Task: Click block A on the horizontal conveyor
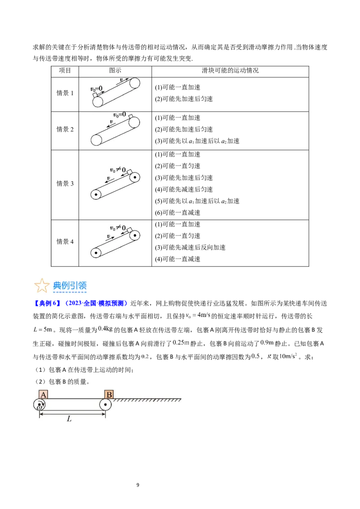pos(44,394)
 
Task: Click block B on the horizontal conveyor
pos(109,394)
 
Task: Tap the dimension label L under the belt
pos(69,419)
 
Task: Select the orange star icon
pos(41,286)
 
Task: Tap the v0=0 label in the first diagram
pos(97,88)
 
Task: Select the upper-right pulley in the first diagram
pos(135,84)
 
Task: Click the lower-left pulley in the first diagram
pos(98,102)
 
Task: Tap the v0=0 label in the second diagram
pos(119,115)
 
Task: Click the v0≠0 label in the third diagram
pos(118,170)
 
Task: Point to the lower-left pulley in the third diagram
pos(96,195)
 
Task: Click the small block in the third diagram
pos(130,172)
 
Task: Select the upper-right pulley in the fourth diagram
pos(135,235)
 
